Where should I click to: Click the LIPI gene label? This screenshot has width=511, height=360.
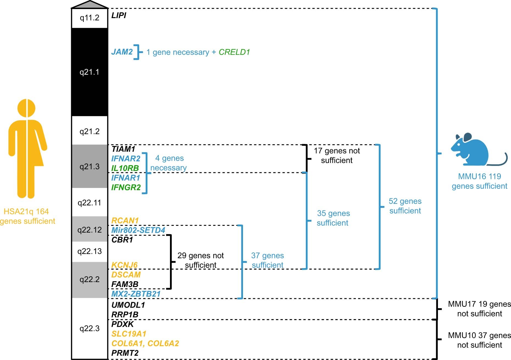coord(119,15)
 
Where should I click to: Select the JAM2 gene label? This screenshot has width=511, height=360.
coord(122,52)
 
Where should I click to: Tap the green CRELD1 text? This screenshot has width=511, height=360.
coord(234,52)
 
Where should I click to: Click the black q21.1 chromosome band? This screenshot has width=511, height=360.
coord(90,72)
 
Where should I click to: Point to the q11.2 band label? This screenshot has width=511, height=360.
coord(90,18)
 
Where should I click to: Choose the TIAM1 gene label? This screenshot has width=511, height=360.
coord(123,149)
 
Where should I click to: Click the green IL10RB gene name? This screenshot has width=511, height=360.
coord(125,168)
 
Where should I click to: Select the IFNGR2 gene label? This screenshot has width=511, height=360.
coord(126,187)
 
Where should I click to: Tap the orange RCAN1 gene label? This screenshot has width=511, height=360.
coord(125,220)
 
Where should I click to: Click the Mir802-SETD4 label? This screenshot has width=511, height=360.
coord(138,230)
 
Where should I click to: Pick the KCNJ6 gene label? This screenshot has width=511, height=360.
coord(124,265)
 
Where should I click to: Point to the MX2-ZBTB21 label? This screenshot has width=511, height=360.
coord(136,294)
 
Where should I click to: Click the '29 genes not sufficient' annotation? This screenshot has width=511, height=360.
coord(200,260)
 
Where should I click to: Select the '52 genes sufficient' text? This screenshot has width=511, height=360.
coord(405,206)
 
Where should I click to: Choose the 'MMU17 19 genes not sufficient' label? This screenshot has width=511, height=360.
coord(479,309)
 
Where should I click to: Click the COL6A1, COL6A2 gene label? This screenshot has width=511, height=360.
coord(145,343)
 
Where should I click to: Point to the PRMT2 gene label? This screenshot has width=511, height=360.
coord(125,353)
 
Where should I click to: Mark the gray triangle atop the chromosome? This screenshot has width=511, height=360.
coord(90,5)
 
